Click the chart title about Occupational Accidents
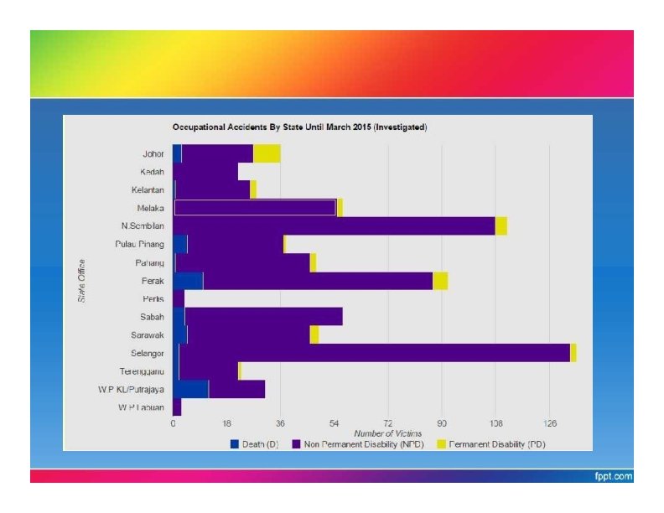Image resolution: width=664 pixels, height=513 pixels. (299, 127)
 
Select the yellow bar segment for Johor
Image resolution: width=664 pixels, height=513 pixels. (267, 153)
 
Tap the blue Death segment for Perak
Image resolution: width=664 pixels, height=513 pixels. (188, 281)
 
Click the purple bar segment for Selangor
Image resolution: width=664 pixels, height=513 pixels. (374, 353)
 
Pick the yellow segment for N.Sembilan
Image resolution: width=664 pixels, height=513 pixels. (501, 225)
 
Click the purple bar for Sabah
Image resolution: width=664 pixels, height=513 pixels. (263, 316)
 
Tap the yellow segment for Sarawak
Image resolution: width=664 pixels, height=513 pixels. (314, 334)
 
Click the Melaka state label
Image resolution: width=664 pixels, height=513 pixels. (150, 208)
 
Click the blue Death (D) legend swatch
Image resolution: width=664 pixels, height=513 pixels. (235, 443)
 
